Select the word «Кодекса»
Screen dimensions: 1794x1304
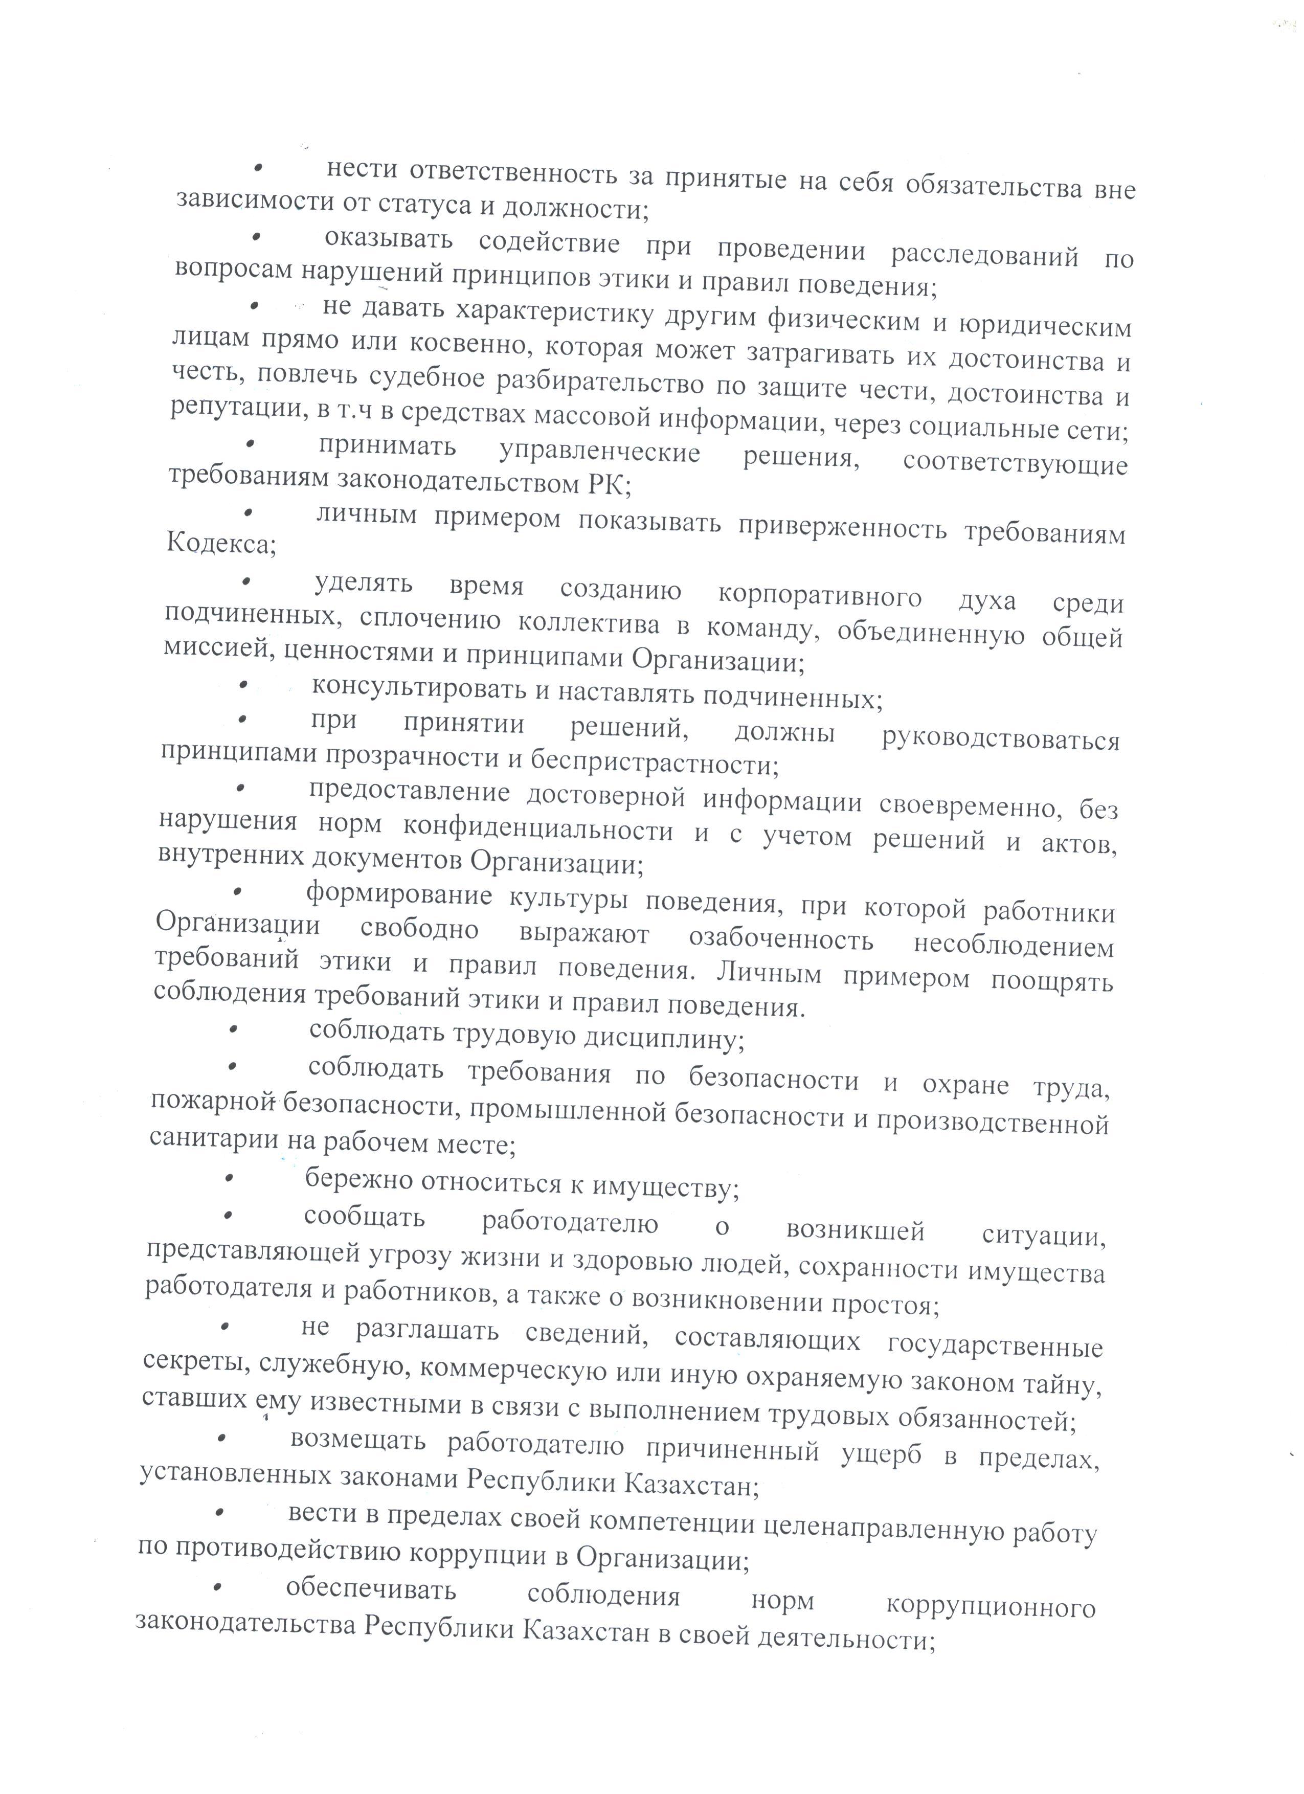(x=221, y=544)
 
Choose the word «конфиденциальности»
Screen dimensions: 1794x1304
(x=538, y=830)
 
